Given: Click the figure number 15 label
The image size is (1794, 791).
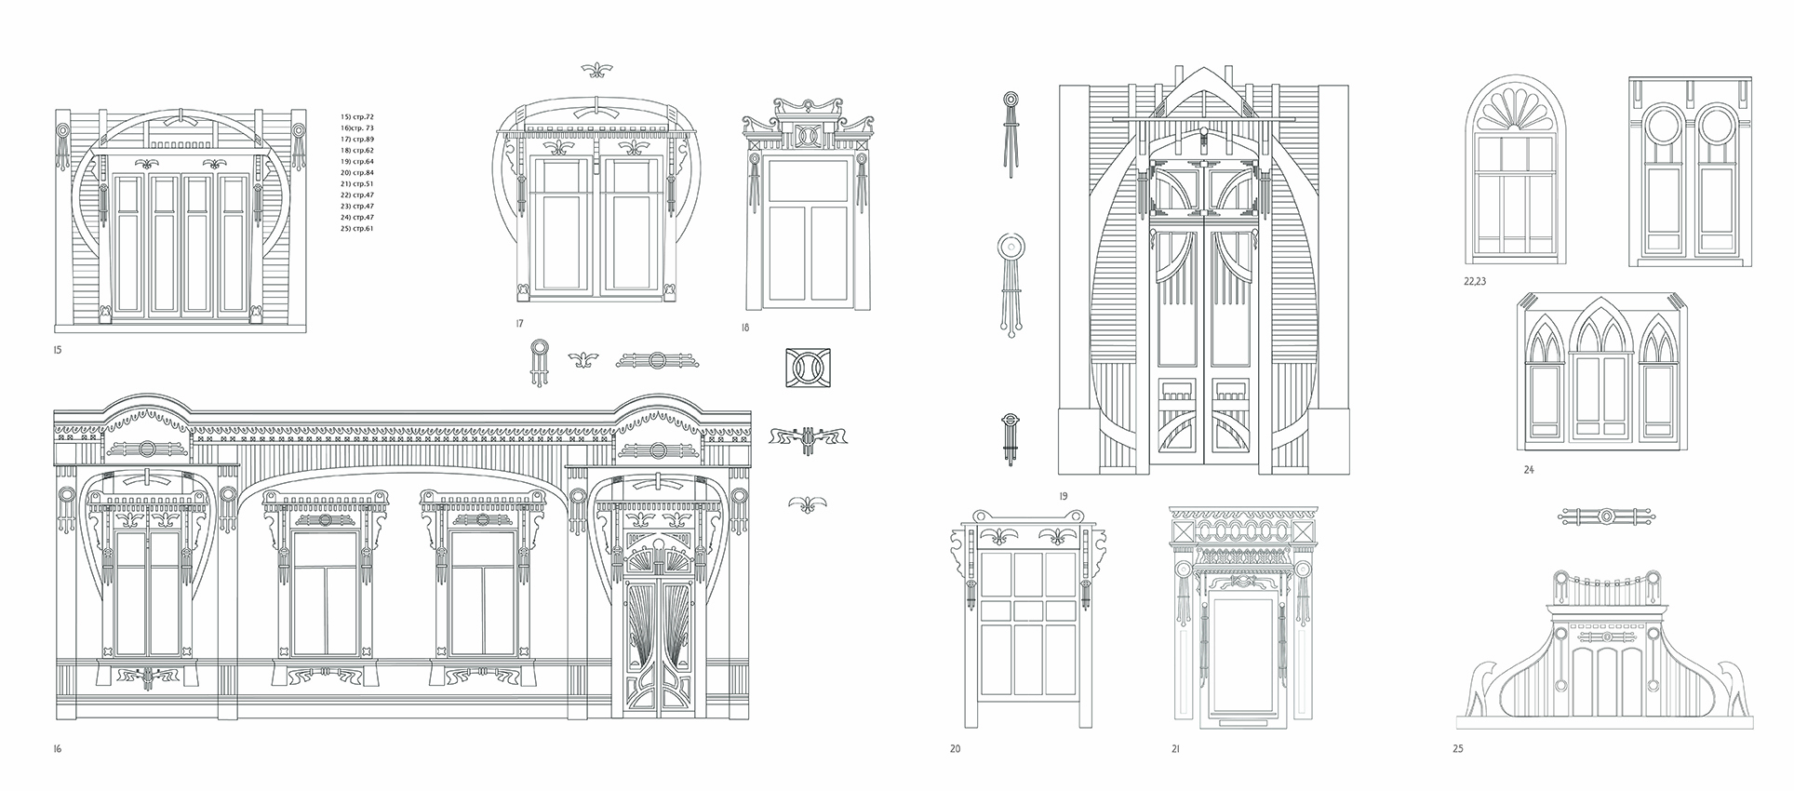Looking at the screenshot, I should (58, 351).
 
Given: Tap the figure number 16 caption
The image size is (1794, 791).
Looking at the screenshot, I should (58, 747).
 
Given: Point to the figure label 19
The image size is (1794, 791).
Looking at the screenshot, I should (1063, 495).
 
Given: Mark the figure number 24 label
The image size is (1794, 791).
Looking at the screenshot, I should (1529, 470).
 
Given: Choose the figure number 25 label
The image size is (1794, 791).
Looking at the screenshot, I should (1457, 747).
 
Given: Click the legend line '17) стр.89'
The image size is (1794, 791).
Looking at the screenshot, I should (357, 139).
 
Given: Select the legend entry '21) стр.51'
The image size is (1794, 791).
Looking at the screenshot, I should (357, 183).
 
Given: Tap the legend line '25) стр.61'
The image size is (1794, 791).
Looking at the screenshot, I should (357, 228).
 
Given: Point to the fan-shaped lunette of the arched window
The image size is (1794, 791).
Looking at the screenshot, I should (1515, 115).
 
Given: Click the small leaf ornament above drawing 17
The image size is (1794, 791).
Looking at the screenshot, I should (596, 70).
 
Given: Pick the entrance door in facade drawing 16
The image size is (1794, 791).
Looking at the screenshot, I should (659, 642).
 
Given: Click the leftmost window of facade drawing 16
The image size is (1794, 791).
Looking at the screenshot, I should (146, 591).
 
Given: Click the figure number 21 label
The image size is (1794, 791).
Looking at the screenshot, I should (1175, 747).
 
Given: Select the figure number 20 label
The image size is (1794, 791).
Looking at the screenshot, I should (955, 747).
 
